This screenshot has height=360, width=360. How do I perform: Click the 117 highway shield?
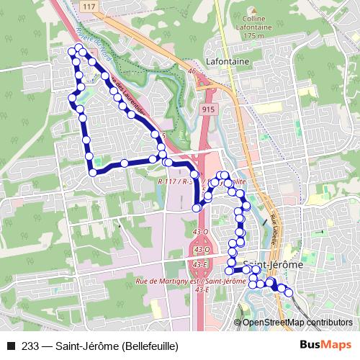coord(89,7)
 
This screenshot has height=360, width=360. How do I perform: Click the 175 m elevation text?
coord(249,35)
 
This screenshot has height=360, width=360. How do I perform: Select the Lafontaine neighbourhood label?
coord(227,62)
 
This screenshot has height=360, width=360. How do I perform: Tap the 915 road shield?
coord(208,108)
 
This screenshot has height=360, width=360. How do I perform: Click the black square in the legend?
coord(9,346)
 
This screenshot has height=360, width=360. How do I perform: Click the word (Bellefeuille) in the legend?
coord(150,346)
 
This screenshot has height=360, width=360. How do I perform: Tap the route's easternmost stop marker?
coord(289,293)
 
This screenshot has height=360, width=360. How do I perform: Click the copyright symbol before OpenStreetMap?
coord(237,323)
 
